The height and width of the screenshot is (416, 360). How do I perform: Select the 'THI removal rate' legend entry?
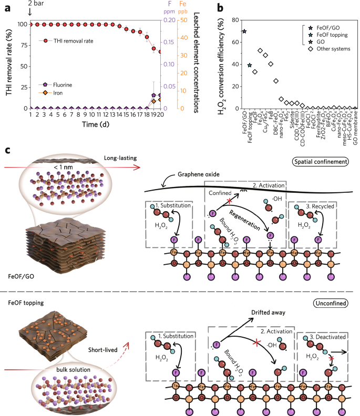click(x=69, y=40)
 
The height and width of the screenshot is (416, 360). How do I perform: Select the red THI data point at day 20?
click(x=160, y=51)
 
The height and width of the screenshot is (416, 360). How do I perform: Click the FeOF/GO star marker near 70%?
click(x=244, y=32)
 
